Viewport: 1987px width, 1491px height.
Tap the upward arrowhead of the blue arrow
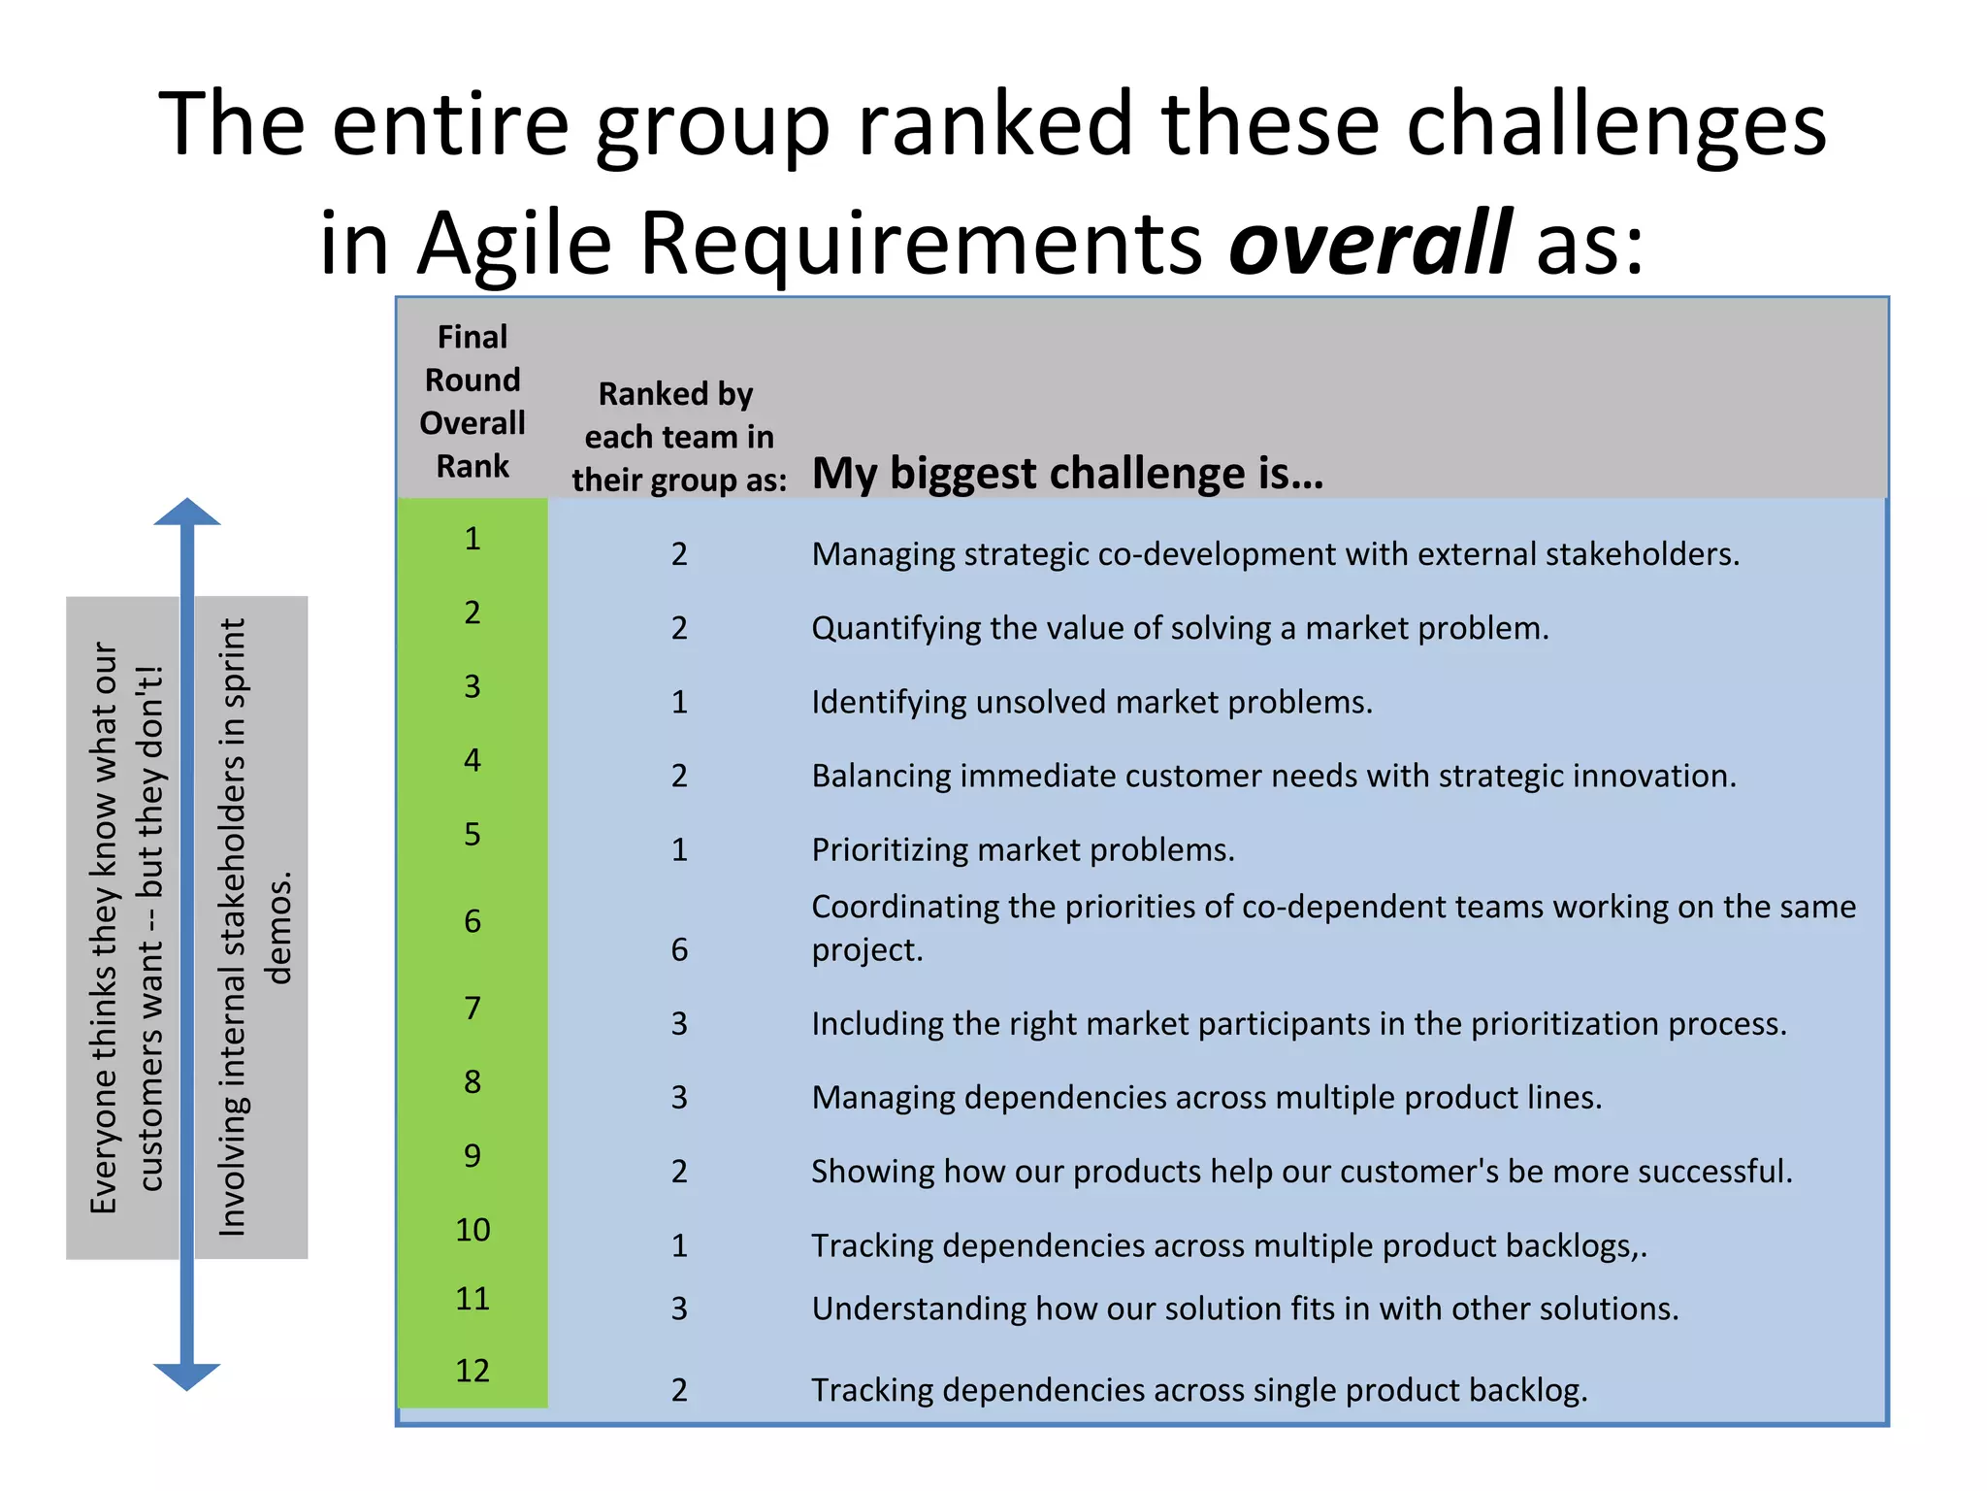click(x=187, y=513)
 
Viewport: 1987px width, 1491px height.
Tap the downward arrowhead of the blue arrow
click(x=187, y=1375)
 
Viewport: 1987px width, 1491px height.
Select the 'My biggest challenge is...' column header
click(x=1067, y=474)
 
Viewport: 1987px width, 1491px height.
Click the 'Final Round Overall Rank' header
click(x=472, y=401)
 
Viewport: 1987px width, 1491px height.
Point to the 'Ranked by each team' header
click(x=678, y=437)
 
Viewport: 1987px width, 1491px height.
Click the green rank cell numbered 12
click(x=472, y=1371)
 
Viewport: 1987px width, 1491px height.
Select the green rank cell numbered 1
click(x=472, y=538)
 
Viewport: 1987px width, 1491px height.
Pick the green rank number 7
click(x=472, y=1008)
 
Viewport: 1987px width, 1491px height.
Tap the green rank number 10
click(x=472, y=1230)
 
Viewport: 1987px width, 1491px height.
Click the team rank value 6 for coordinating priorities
click(x=679, y=949)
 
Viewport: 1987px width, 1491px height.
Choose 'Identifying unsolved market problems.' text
click(x=1091, y=702)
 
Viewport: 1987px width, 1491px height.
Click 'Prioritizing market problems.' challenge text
click(x=1023, y=850)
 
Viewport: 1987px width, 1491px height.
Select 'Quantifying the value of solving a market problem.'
click(x=1180, y=628)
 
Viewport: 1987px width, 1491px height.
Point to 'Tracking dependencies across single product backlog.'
click(x=1199, y=1390)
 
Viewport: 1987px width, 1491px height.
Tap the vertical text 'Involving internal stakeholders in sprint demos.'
click(x=252, y=927)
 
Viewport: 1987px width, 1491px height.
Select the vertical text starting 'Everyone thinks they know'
click(x=126, y=927)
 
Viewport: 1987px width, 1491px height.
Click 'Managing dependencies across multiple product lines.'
click(x=1206, y=1098)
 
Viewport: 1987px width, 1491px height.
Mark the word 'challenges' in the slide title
click(x=1615, y=124)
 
